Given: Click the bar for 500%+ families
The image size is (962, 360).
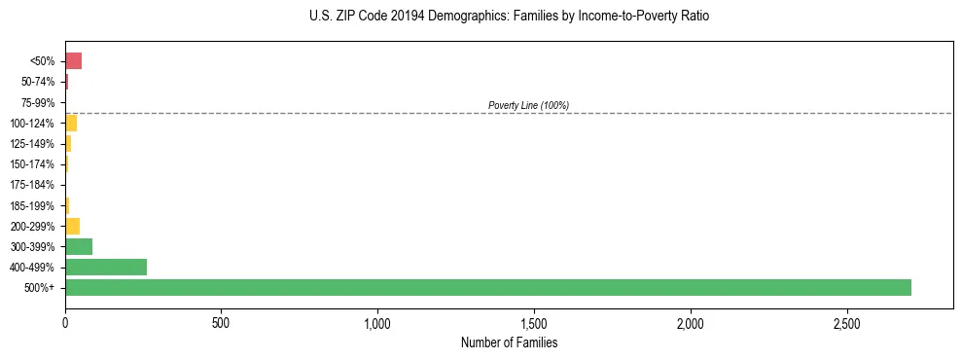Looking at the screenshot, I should pyautogui.click(x=487, y=287).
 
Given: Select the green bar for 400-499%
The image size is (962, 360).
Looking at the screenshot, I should pyautogui.click(x=106, y=267).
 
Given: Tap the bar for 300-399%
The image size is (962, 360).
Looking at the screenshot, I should pyautogui.click(x=79, y=246).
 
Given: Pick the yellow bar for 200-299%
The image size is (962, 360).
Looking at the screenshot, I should pyautogui.click(x=72, y=226).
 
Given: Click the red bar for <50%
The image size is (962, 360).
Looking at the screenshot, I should pyautogui.click(x=73, y=61).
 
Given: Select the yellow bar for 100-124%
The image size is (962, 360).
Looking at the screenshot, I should pyautogui.click(x=71, y=123).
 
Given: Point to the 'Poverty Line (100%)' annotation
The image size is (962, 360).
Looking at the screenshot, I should pyautogui.click(x=528, y=105).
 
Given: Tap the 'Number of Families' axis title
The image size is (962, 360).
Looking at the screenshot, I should pyautogui.click(x=509, y=342).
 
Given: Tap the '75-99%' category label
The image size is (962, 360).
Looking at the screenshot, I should pyautogui.click(x=38, y=102).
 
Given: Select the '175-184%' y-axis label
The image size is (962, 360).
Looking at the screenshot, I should pyautogui.click(x=34, y=185).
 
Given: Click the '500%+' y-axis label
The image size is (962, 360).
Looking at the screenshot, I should pyautogui.click(x=41, y=288).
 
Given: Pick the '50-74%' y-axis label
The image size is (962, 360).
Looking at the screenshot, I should pyautogui.click(x=38, y=82).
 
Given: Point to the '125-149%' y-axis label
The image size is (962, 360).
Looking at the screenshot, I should pyautogui.click(x=34, y=144).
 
